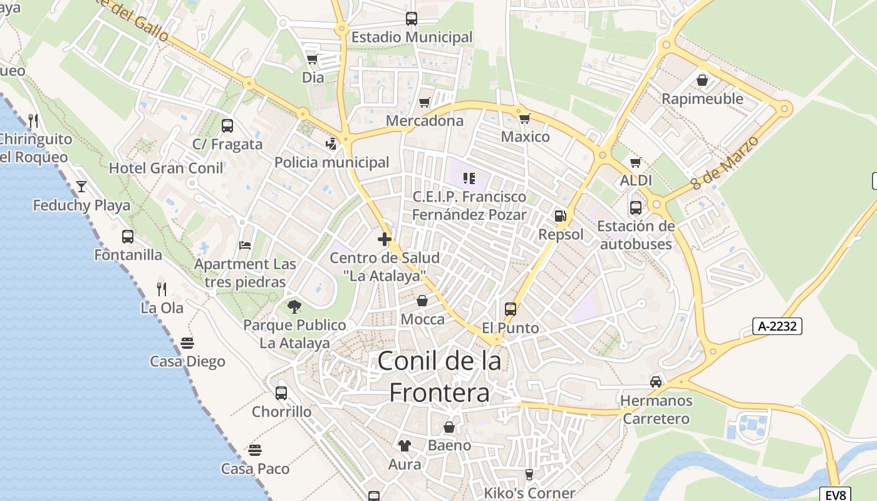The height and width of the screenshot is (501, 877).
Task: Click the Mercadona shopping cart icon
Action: point(425,102)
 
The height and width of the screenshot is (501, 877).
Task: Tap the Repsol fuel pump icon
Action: point(560,216)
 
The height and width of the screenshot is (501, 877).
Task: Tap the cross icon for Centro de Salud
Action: point(385,239)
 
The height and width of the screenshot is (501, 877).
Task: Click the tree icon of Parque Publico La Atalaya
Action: point(294,306)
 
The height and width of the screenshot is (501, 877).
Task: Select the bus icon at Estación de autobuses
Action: point(636,207)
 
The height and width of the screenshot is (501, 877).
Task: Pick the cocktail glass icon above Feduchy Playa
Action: point(81,186)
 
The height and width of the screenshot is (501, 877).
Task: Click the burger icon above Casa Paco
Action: point(255,450)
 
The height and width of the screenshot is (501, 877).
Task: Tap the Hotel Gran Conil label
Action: point(166,168)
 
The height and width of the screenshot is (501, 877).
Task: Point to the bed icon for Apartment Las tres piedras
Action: point(245,245)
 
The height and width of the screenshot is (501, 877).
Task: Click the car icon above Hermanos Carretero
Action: point(656,381)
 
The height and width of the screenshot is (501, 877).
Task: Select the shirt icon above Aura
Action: point(405,445)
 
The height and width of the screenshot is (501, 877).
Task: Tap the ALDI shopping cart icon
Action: point(636,162)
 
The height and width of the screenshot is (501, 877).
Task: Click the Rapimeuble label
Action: point(702,98)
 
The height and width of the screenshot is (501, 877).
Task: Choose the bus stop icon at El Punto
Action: point(511,309)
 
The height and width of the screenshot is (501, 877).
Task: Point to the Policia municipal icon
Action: point(331,144)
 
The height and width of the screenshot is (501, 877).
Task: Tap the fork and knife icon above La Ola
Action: point(162,289)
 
